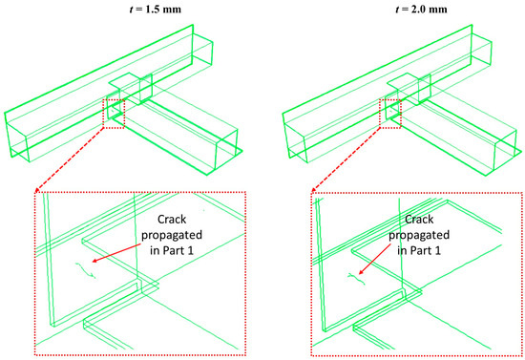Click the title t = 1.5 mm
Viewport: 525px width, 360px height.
pyautogui.click(x=155, y=9)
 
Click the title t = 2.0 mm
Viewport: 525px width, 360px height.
pyautogui.click(x=421, y=9)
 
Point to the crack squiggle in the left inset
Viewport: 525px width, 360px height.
pyautogui.click(x=85, y=270)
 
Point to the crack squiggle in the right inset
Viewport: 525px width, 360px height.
pyautogui.click(x=357, y=279)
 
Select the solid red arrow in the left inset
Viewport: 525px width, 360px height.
pyautogui.click(x=116, y=253)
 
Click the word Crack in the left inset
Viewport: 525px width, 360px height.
pyautogui.click(x=172, y=220)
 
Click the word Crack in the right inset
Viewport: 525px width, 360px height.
pyautogui.click(x=419, y=220)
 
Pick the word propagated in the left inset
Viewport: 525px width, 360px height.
pyautogui.click(x=172, y=236)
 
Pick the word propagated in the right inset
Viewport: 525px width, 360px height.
pyautogui.click(x=419, y=236)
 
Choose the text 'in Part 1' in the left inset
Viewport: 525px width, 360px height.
pyautogui.click(x=172, y=250)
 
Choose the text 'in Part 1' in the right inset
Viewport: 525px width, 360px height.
pyautogui.click(x=419, y=250)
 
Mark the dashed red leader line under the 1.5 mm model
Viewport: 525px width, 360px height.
pyautogui.click(x=70, y=159)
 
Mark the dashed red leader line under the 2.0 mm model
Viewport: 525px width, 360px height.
pyautogui.click(x=346, y=159)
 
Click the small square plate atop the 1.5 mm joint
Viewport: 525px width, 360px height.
pyautogui.click(x=124, y=82)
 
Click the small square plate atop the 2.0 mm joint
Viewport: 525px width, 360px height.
pyautogui.click(x=403, y=82)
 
